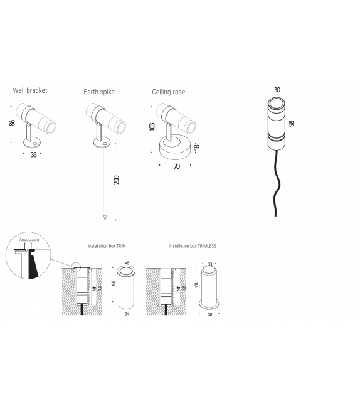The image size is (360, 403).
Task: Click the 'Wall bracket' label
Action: click(x=30, y=90)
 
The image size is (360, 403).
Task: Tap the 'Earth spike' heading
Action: click(x=99, y=92)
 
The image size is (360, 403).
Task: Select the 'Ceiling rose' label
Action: click(x=168, y=92)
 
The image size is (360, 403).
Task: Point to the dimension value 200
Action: click(x=117, y=180)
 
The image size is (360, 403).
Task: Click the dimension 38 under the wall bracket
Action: click(x=33, y=154)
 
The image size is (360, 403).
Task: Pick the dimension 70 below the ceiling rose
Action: click(x=177, y=167)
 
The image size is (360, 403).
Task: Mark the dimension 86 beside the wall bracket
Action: click(x=12, y=123)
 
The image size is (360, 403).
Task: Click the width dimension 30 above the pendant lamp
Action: click(x=277, y=89)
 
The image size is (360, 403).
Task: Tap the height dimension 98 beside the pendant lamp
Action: click(x=291, y=123)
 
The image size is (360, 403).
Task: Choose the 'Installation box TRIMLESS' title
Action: click(x=193, y=247)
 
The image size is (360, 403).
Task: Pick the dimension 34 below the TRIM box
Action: click(x=127, y=314)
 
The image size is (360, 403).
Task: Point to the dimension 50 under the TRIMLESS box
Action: click(x=211, y=314)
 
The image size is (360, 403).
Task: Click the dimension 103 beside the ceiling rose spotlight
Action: click(x=152, y=126)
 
